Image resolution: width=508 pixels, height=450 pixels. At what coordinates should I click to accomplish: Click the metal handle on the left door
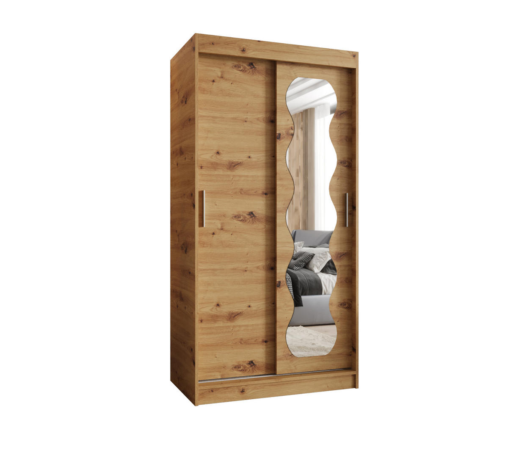point(204,208)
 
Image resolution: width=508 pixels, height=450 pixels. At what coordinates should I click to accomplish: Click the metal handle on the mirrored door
point(346,210)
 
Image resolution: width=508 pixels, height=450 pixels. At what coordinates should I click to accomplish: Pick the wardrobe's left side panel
point(183,220)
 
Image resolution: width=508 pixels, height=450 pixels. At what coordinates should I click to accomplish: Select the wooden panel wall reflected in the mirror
point(298,169)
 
